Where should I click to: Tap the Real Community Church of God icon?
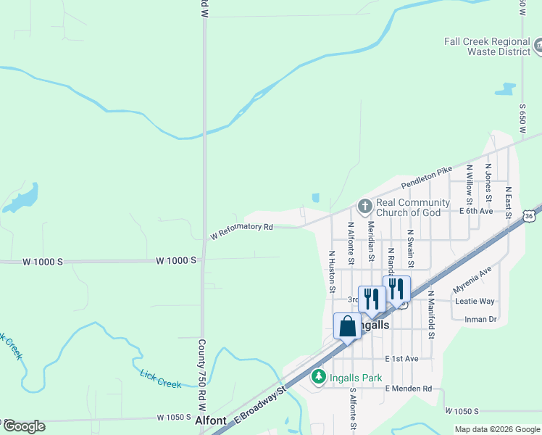[x=364, y=207]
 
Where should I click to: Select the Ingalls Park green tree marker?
[x=318, y=377]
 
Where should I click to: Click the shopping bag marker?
[x=347, y=326]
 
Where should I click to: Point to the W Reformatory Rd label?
[x=241, y=231]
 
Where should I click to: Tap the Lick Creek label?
[x=160, y=378]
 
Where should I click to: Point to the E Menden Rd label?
[x=408, y=389]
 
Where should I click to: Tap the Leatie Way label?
[x=475, y=301]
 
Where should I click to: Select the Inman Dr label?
[x=480, y=319]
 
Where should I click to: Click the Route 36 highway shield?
[x=530, y=215]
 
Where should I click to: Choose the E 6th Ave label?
[x=476, y=211]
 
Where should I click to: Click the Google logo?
[x=23, y=426]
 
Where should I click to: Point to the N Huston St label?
[x=332, y=272]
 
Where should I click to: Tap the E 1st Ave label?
[x=402, y=359]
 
